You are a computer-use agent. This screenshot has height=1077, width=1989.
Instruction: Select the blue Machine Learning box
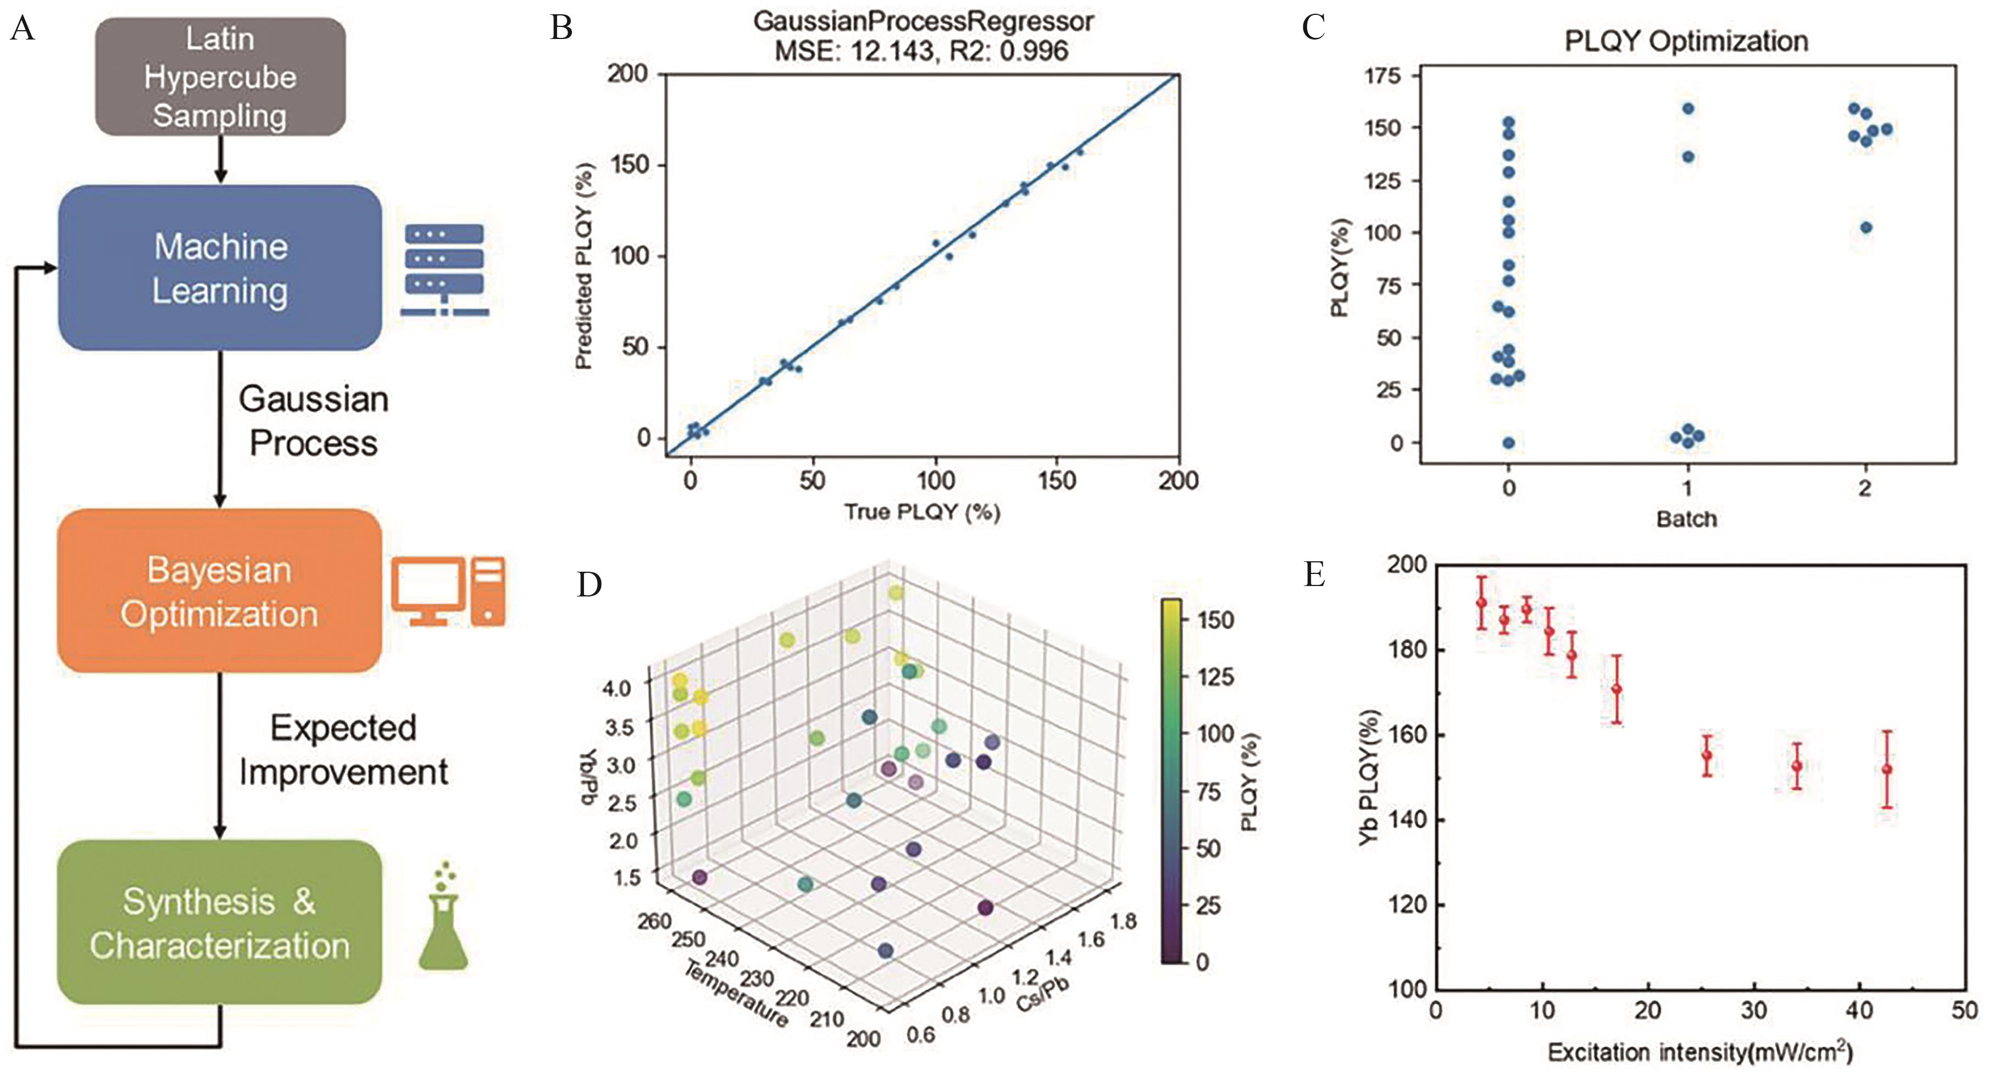coord(220,268)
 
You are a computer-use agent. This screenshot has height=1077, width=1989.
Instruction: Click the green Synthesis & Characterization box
coord(220,923)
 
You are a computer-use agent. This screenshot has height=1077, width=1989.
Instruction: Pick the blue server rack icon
coord(445,270)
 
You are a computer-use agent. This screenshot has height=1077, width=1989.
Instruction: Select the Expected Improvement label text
coord(343,750)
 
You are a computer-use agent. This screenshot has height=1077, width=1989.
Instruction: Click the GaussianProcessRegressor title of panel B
coord(923,21)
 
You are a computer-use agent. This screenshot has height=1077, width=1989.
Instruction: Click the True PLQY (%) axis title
coord(922,511)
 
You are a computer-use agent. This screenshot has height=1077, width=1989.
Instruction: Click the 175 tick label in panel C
coord(1384,76)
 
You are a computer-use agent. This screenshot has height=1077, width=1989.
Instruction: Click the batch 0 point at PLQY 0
coord(1509,443)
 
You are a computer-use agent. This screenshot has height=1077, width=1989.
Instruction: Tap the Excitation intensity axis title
coord(1699,1052)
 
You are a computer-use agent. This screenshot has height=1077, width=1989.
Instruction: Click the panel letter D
coord(589,584)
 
